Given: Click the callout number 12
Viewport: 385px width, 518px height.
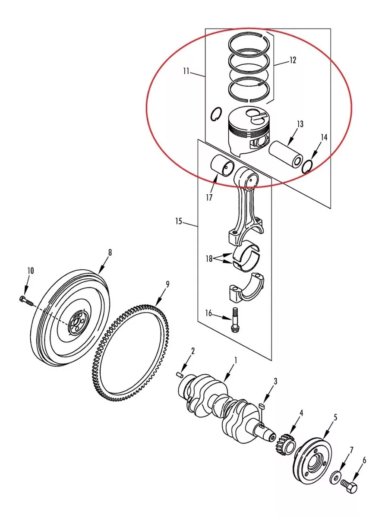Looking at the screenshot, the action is pos(293,60).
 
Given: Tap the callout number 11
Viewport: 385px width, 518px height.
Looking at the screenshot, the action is pos(186,71).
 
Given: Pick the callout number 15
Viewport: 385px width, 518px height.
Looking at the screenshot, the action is pos(179,221).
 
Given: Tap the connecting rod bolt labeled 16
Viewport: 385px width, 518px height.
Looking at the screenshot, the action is pos(234,320).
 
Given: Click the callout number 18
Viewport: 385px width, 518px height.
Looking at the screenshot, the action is pos(209,259).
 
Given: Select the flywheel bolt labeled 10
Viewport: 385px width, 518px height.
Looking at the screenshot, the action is pos(26,301).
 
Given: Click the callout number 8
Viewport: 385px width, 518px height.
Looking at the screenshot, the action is pos(110,253).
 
